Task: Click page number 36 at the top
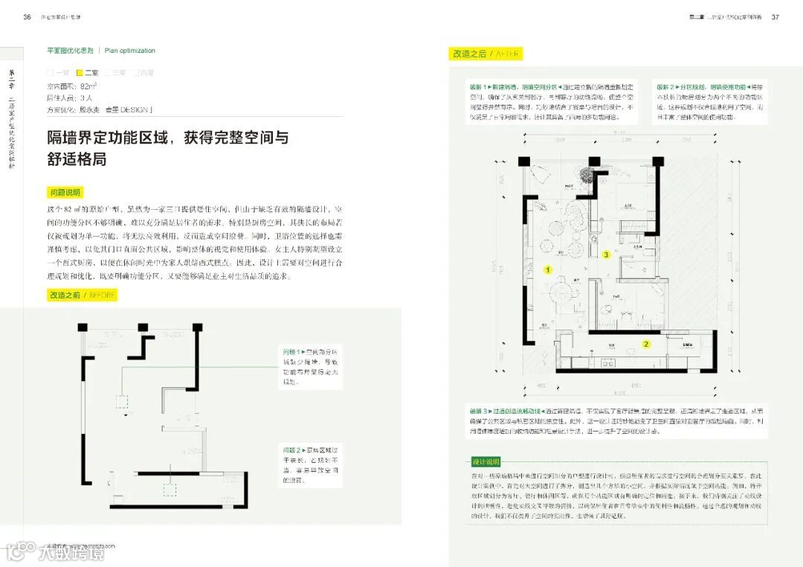point(27,16)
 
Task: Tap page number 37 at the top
point(775,16)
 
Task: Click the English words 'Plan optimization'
point(130,51)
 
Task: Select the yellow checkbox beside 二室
point(80,73)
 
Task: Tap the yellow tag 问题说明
point(65,192)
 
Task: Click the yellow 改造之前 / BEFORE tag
point(82,295)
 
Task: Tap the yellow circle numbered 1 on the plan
point(548,270)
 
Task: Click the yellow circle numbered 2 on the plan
point(646,344)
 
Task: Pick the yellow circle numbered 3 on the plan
point(606,254)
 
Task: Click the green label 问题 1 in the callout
point(291,350)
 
